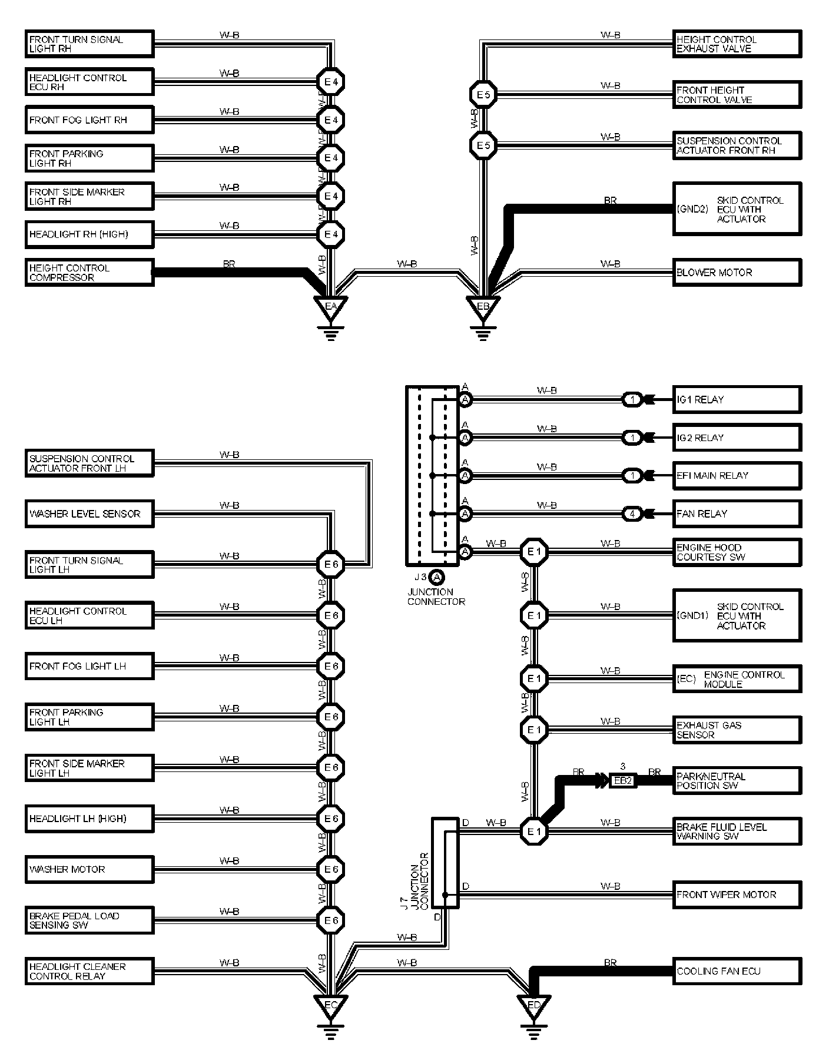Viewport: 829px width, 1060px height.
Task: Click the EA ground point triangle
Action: [x=330, y=306]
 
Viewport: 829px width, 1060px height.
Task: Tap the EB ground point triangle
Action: [x=483, y=306]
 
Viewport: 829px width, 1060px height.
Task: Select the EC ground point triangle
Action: [x=330, y=1005]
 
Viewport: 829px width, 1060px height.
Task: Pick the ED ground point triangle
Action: [x=533, y=1005]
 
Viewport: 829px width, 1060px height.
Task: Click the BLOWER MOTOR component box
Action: [x=737, y=273]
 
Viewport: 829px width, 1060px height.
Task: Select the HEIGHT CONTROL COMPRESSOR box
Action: [x=89, y=273]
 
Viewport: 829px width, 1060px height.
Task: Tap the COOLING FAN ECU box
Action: [x=737, y=971]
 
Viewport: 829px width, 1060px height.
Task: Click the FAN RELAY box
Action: [x=737, y=514]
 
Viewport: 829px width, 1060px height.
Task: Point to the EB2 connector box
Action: [x=623, y=781]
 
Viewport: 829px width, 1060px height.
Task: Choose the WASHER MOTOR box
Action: [x=89, y=869]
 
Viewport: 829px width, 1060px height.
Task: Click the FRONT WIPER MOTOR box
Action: [x=737, y=895]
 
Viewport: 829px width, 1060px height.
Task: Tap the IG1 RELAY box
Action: [x=737, y=399]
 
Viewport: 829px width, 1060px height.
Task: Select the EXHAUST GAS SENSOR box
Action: [x=737, y=730]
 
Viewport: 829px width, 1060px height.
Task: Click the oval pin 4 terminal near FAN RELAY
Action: [x=632, y=514]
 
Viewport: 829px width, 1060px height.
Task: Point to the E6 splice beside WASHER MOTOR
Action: [x=330, y=869]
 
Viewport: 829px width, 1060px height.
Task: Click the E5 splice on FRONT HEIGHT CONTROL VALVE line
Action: [x=483, y=94]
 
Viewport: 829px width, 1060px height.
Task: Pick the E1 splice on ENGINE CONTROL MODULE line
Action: [x=533, y=679]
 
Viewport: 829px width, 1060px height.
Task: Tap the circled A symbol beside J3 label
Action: [x=436, y=577]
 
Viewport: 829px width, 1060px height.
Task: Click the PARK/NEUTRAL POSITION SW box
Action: [x=737, y=781]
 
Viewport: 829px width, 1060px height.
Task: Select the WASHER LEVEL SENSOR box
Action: [x=89, y=514]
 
